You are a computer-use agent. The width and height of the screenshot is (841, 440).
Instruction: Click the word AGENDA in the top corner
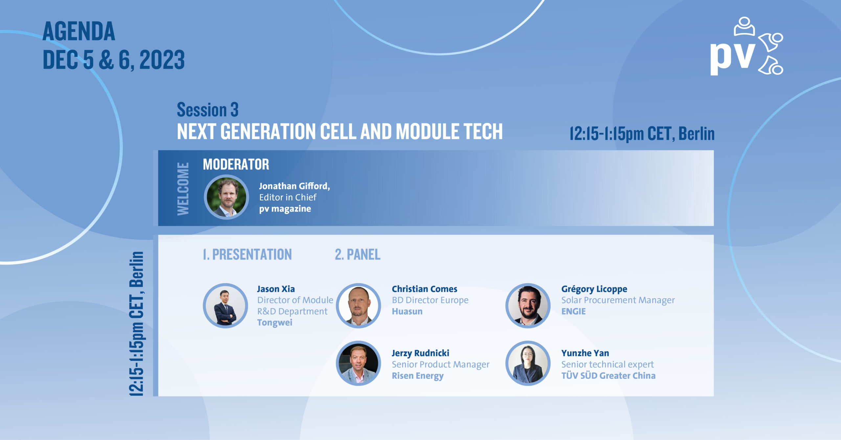click(x=79, y=32)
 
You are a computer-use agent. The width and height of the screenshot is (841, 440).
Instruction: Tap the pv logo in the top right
click(x=746, y=46)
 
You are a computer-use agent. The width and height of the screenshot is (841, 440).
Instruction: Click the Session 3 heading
click(x=208, y=110)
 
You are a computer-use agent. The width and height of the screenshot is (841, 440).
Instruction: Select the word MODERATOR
click(x=236, y=164)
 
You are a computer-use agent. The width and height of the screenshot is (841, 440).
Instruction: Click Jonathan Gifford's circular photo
click(x=226, y=197)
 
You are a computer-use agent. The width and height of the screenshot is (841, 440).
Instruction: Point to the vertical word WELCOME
click(x=183, y=189)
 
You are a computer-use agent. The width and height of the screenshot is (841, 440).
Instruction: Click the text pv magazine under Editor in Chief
click(x=285, y=209)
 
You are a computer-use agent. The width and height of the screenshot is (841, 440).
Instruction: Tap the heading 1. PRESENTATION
click(x=247, y=255)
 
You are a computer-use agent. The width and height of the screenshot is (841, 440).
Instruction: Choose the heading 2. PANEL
click(x=357, y=255)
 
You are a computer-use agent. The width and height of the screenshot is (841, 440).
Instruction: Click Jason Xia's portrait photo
click(x=225, y=306)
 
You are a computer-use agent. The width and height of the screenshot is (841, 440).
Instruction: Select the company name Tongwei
click(x=275, y=323)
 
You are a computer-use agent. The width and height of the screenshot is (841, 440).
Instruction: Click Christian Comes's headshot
click(x=358, y=306)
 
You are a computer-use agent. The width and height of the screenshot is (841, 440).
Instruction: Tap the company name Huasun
click(x=407, y=311)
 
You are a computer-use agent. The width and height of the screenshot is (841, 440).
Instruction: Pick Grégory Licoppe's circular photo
click(x=528, y=306)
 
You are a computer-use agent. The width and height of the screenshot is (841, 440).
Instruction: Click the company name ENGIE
click(x=573, y=311)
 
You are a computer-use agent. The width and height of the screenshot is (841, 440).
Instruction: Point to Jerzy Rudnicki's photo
click(x=358, y=363)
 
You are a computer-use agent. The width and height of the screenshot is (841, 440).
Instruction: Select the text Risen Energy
click(x=418, y=376)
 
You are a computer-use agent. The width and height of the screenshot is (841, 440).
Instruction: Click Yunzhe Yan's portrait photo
click(x=528, y=363)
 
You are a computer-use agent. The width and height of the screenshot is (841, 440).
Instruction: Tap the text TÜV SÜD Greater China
click(x=608, y=376)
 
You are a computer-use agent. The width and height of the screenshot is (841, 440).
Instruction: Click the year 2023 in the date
click(x=162, y=60)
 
